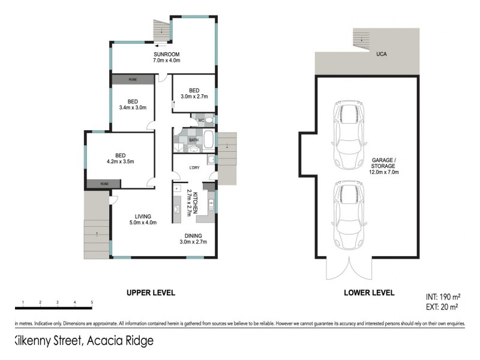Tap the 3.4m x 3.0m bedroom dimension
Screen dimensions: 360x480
[x=133, y=107]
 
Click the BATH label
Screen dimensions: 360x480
[x=194, y=140]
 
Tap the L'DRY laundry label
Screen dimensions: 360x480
[x=194, y=167]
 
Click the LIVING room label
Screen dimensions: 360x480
[x=143, y=216]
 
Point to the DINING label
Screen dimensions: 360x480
[x=193, y=236]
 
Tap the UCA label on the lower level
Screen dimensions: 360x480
[x=381, y=54]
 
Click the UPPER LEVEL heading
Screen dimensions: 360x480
[x=150, y=293]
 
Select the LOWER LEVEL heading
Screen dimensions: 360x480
[x=368, y=293]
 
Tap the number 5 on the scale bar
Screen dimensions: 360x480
[x=92, y=302]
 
